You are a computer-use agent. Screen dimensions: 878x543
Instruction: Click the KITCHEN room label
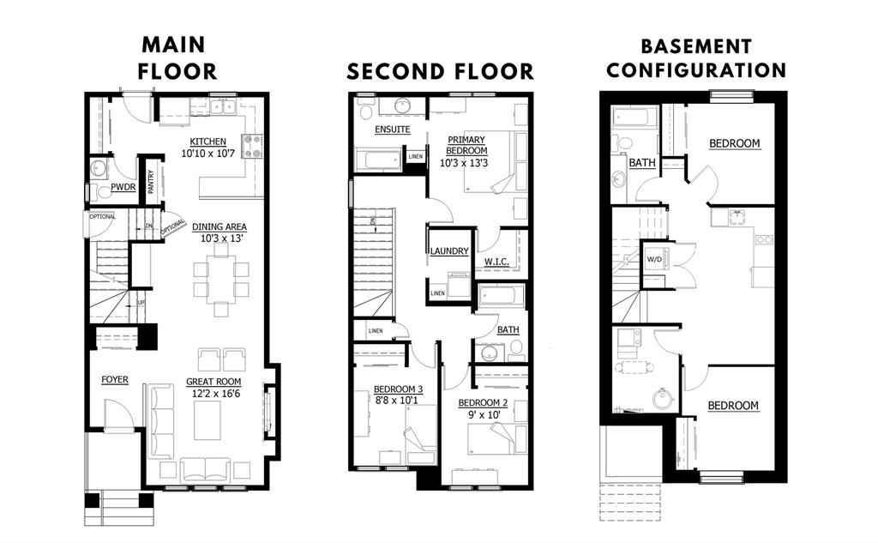point(207,142)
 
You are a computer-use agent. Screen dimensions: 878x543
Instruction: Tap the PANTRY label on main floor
point(151,182)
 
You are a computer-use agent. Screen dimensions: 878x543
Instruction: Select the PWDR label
point(123,187)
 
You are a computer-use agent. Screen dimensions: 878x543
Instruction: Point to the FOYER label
point(115,380)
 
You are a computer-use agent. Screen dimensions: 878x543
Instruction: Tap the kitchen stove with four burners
point(252,146)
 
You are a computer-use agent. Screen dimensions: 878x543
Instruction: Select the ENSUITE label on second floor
point(393,130)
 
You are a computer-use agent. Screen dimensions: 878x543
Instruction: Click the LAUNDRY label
point(449,251)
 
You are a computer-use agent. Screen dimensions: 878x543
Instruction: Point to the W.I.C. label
point(496,262)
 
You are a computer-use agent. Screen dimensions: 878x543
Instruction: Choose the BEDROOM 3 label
point(398,389)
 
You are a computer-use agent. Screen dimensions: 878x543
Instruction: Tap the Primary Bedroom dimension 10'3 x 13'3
point(464,163)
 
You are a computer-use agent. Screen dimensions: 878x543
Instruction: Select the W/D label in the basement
point(654,259)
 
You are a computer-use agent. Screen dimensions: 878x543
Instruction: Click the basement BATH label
point(642,162)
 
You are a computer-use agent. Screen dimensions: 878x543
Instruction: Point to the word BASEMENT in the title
point(696,46)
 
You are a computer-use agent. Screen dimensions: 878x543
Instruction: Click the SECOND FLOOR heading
point(440,72)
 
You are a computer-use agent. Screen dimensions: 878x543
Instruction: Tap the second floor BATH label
point(508,330)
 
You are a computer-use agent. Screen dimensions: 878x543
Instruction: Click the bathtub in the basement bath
point(632,118)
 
